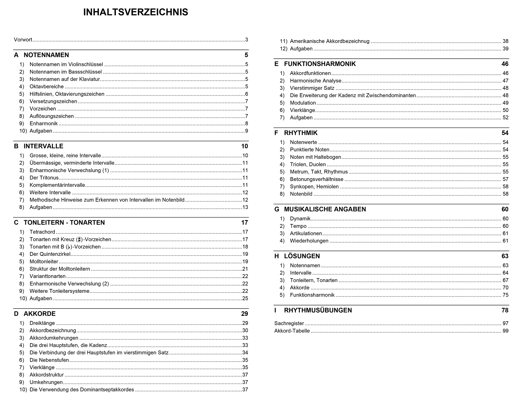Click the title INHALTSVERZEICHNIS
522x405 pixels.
[135, 12]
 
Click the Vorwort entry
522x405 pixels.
[23, 40]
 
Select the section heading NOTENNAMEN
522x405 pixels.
[46, 55]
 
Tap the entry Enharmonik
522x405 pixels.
[44, 124]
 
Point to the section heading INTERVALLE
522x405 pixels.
[43, 146]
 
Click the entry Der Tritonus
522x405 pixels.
[44, 178]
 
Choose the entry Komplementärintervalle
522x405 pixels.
[57, 185]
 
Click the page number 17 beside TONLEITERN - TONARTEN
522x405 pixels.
[244, 223]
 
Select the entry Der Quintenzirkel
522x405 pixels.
[50, 254]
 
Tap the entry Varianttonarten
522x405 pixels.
[48, 276]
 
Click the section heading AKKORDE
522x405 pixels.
[39, 314]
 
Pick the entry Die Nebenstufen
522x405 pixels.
[49, 360]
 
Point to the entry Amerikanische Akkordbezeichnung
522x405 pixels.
[330, 41]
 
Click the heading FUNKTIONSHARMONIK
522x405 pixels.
[320, 64]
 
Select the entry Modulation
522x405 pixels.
[303, 103]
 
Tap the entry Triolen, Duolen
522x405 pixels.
[308, 165]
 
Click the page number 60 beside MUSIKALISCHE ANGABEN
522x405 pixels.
[505, 209]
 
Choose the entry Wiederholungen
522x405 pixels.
[309, 241]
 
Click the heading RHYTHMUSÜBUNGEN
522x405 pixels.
[318, 310]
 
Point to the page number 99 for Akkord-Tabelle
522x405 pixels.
[505, 331]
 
